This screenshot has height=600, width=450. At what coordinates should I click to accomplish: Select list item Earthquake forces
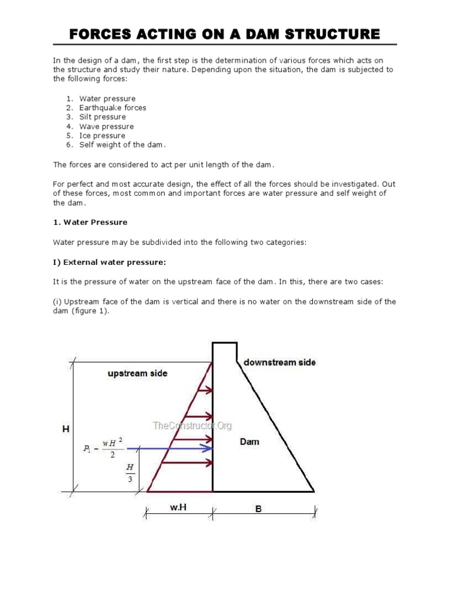click(x=112, y=108)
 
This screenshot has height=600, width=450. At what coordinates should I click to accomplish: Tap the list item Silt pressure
click(x=102, y=117)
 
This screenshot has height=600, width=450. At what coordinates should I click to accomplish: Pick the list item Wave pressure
click(x=106, y=127)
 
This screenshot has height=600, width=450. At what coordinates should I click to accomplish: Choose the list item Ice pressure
click(x=102, y=136)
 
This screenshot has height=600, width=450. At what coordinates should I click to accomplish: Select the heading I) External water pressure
click(x=113, y=262)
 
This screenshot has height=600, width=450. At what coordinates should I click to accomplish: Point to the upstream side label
click(x=137, y=373)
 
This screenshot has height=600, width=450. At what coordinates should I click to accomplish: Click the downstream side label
click(x=279, y=363)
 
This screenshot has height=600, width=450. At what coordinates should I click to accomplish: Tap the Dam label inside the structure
click(x=250, y=442)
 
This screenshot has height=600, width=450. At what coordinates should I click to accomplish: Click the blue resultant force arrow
click(x=170, y=448)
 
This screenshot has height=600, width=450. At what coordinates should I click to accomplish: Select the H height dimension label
click(x=66, y=429)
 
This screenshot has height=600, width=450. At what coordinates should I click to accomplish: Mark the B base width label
click(x=258, y=509)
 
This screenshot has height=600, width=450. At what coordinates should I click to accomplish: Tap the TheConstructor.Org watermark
click(x=192, y=426)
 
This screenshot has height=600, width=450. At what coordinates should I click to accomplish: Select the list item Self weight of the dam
click(x=122, y=145)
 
